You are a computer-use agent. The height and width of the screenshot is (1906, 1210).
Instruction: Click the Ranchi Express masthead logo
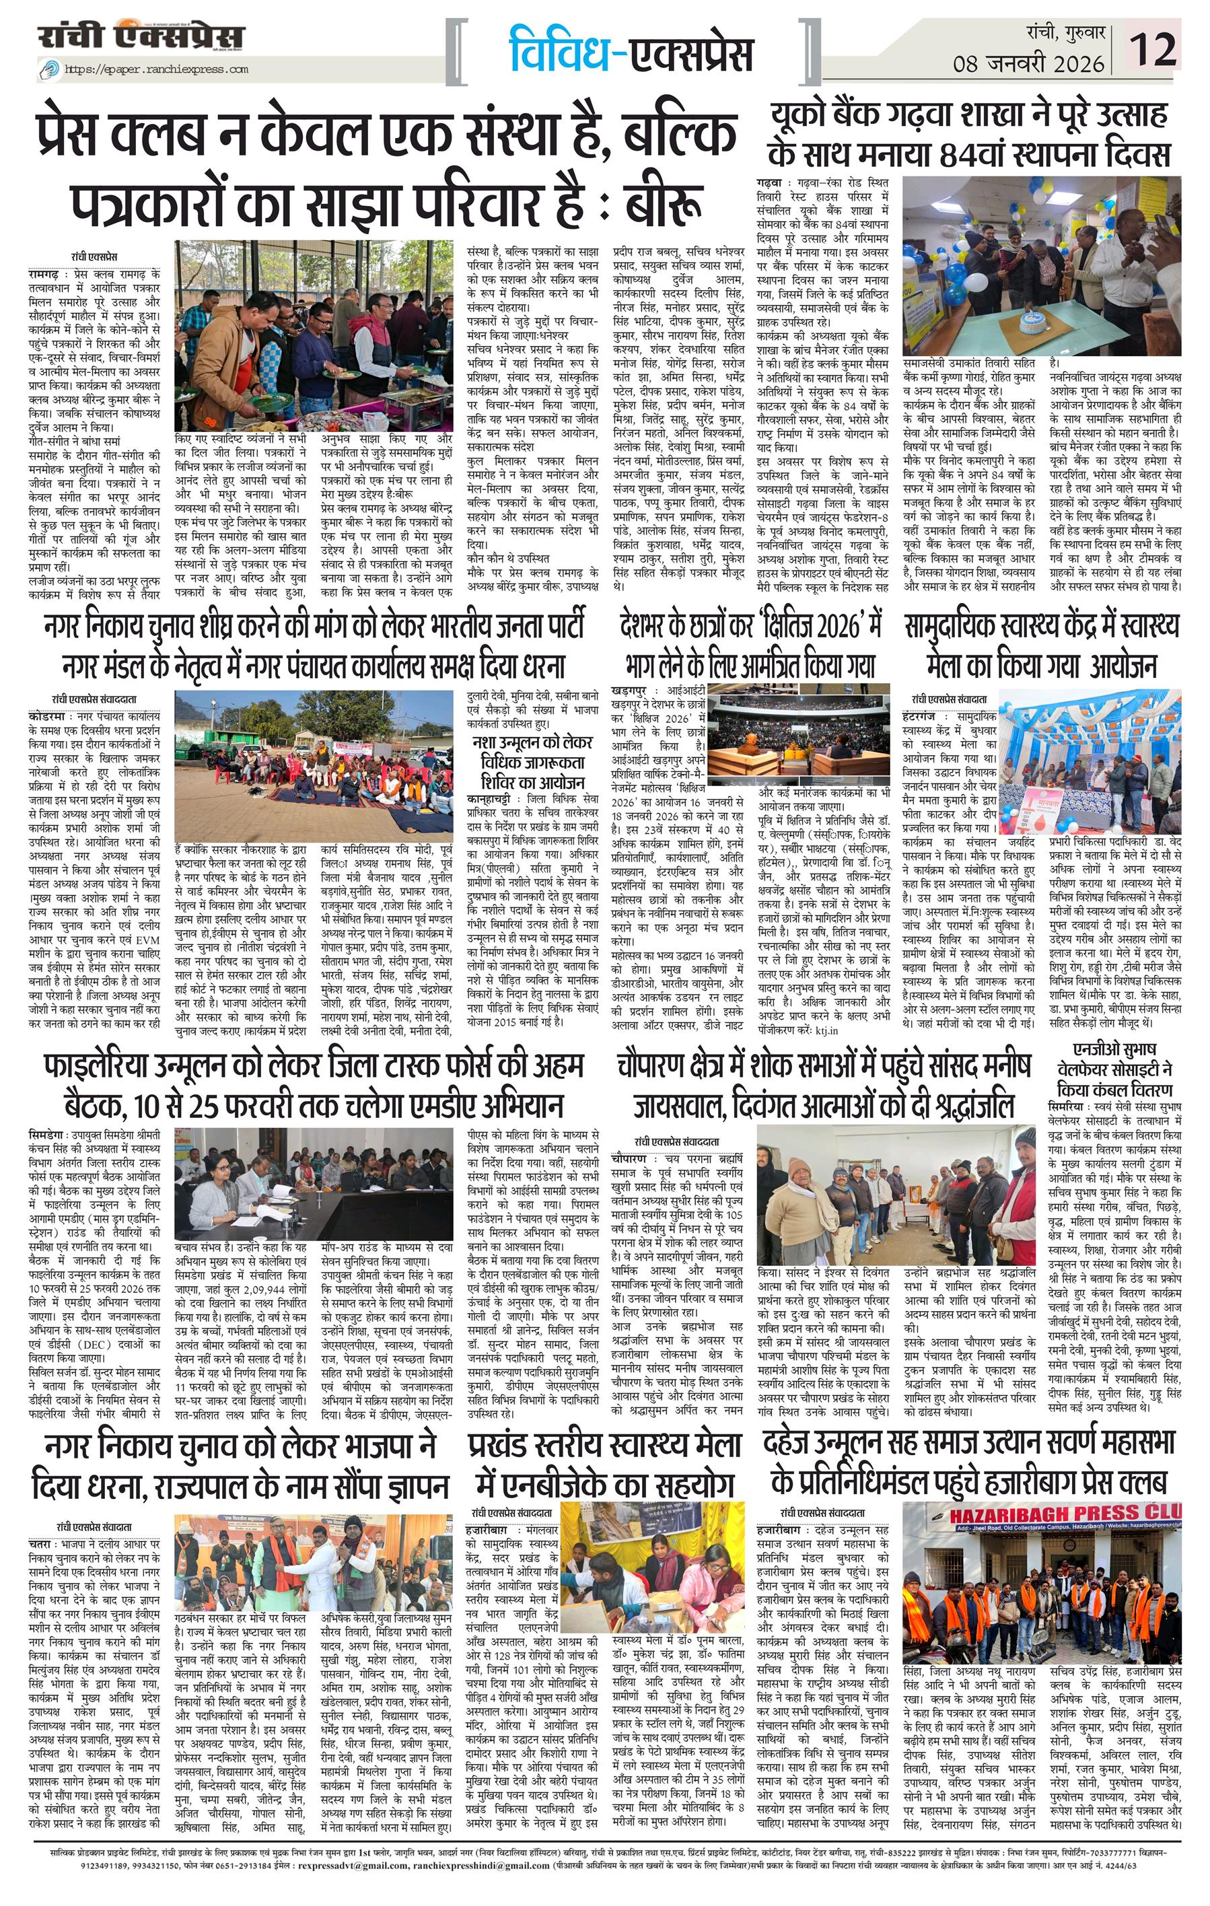click(x=141, y=36)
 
